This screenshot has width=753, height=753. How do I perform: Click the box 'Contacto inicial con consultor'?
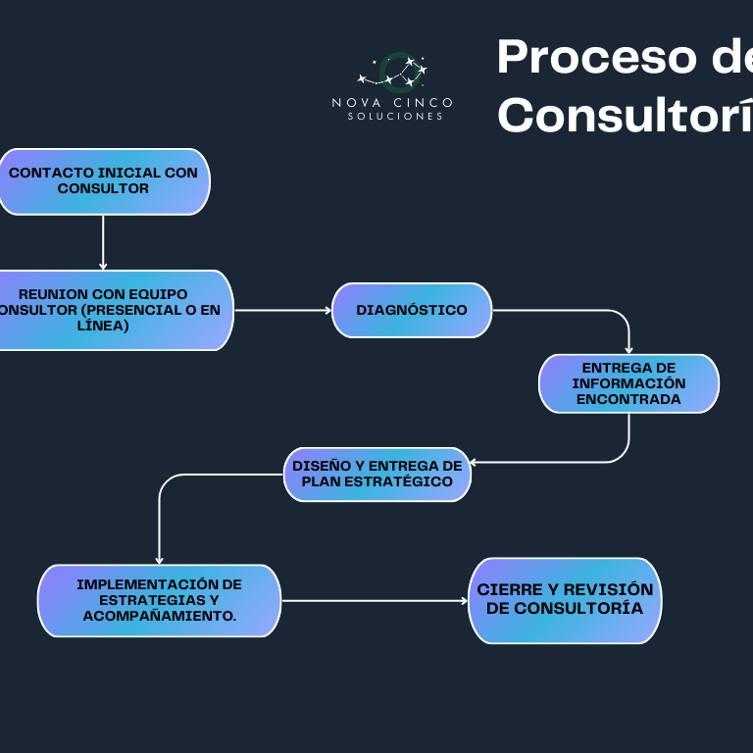[103, 181]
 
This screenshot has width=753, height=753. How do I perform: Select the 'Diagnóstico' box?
[412, 310]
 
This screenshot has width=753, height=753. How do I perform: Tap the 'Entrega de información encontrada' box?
[628, 383]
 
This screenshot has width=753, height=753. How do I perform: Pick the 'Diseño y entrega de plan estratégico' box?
[377, 475]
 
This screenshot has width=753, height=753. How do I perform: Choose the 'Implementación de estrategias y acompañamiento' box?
[159, 600]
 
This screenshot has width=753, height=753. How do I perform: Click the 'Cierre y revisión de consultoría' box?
[565, 600]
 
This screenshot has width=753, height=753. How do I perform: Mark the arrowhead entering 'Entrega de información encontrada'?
[628, 349]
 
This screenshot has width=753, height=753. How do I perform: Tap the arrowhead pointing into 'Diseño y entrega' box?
[475, 461]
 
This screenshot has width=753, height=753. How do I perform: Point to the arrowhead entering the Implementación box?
[159, 560]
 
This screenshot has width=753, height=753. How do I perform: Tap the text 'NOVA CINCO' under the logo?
[392, 102]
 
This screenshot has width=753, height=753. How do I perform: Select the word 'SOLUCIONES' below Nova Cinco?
[394, 117]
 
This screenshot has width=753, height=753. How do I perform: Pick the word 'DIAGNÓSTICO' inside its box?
[412, 310]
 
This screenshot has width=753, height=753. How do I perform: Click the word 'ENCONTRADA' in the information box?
[628, 399]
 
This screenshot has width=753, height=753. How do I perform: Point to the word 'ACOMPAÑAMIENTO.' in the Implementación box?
[159, 616]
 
